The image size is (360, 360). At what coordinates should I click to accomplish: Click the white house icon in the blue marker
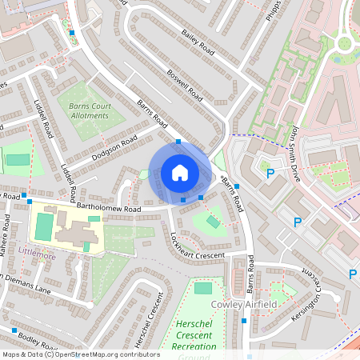(179, 172)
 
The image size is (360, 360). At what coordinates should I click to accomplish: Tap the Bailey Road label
(199, 38)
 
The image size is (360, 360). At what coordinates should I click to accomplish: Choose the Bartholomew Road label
(110, 208)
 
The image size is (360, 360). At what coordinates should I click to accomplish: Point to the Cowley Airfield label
(243, 306)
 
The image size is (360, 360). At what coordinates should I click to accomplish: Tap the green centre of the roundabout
(346, 42)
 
